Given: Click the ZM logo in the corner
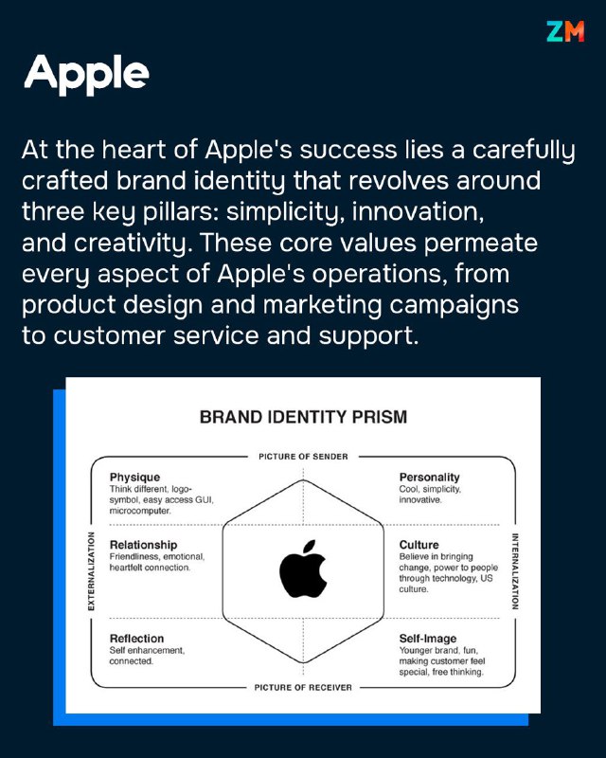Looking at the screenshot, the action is click(565, 31).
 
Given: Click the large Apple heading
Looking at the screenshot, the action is click(86, 74).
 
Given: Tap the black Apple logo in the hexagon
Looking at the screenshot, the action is click(304, 569).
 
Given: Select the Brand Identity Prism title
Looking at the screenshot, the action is click(304, 417).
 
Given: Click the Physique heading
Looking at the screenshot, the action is click(134, 478).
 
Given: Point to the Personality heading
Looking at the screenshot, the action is click(429, 478).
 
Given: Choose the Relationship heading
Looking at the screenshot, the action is click(143, 545).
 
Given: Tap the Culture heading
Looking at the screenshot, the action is click(419, 545).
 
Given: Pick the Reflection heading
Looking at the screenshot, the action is click(136, 639).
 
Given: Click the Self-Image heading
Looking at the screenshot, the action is click(428, 639).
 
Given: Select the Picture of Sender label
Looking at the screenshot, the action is click(303, 457).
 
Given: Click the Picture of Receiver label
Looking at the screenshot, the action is click(303, 688).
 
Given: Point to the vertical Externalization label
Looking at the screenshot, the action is click(91, 571).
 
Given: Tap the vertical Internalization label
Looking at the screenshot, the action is click(515, 571).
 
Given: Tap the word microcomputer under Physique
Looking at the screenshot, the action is click(139, 511).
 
